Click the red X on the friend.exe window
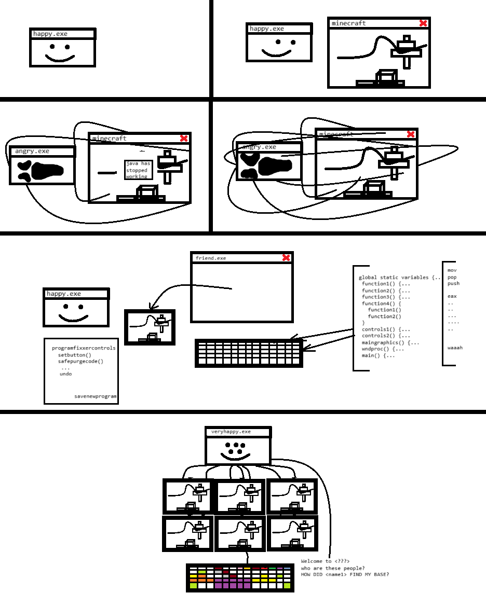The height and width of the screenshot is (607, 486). pos(286,258)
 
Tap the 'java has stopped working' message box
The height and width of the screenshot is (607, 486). pos(138,170)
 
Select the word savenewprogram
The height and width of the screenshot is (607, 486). pos(96,396)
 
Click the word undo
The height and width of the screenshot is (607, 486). pos(66,374)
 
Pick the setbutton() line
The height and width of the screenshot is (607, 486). pos(74,355)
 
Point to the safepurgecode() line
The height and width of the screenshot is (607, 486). pos(80,361)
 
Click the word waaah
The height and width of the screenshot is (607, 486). pos(455,348)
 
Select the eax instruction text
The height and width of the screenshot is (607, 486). pos(452,296)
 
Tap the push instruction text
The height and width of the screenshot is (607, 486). pos(453,283)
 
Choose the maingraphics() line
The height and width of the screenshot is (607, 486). pos(390,342)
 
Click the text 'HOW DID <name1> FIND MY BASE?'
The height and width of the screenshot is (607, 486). pos(345,574)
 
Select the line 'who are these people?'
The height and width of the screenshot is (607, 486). pos(332,568)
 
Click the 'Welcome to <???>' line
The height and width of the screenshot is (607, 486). pos(325,561)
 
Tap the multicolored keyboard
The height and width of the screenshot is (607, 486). pos(240,578)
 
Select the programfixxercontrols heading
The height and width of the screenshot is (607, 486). pos(84,348)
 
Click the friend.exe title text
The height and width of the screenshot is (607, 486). pos(211,258)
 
